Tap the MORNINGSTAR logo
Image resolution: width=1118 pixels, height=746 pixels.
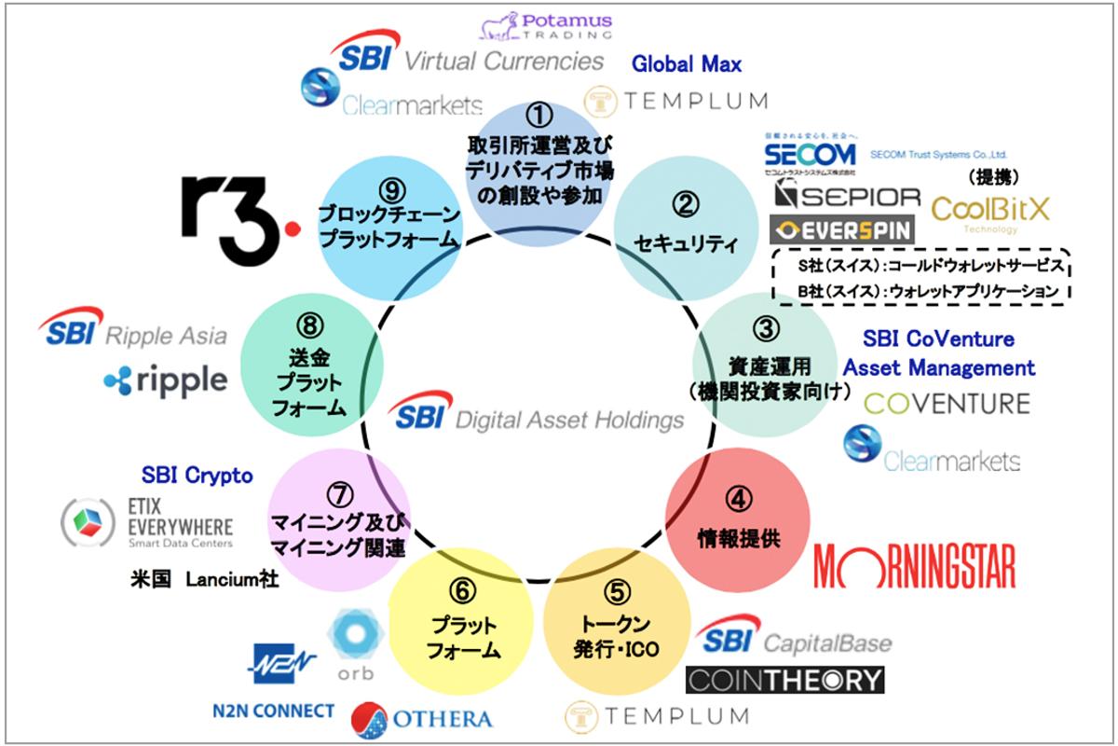click(x=914, y=566)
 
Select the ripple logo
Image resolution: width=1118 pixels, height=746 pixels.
click(x=165, y=379)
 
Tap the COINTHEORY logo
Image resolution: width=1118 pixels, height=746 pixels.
click(x=784, y=679)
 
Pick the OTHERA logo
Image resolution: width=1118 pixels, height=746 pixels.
click(x=421, y=719)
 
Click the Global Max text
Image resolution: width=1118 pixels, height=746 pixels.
click(x=687, y=64)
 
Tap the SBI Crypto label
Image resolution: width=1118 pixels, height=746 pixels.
click(x=197, y=476)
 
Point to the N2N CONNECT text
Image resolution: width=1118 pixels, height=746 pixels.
click(x=272, y=711)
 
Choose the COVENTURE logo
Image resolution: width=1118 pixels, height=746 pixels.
click(x=947, y=404)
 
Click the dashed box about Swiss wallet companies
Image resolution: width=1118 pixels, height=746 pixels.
click(x=920, y=278)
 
